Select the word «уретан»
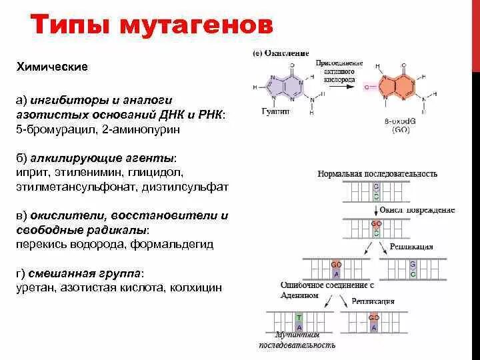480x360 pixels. coord(35,288)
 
